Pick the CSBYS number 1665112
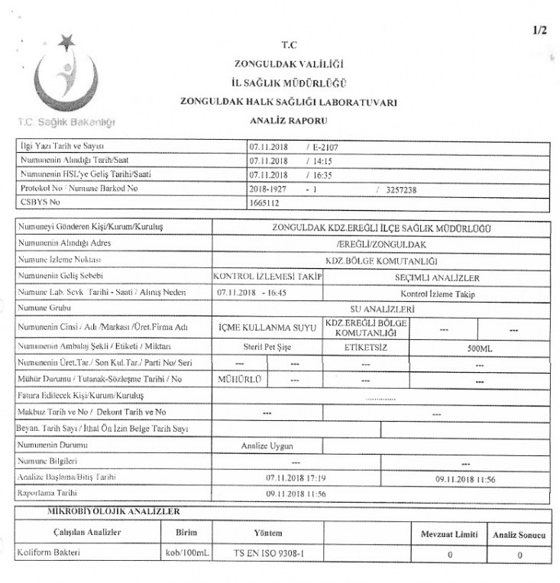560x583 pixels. [x=265, y=204]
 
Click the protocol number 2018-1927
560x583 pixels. [x=269, y=189]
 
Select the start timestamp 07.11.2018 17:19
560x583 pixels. [x=296, y=478]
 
